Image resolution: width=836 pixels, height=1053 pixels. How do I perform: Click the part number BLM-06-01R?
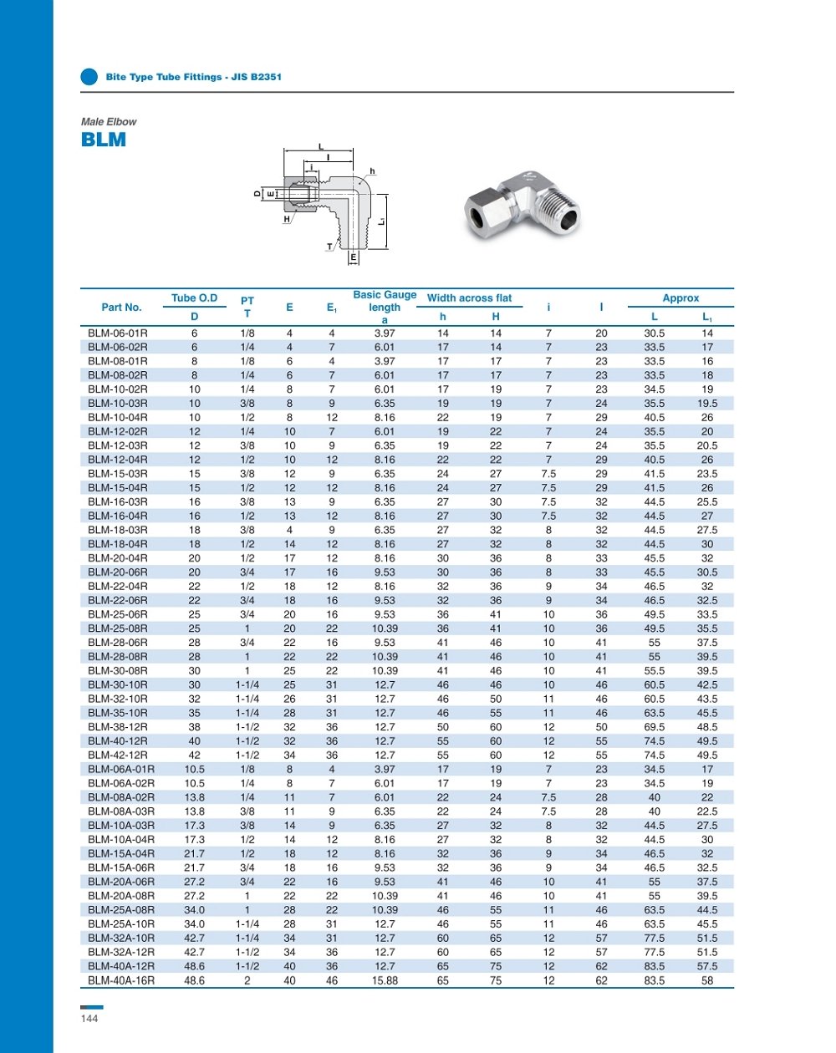pos(118,333)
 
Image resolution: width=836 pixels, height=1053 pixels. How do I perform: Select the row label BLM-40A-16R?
pos(121,980)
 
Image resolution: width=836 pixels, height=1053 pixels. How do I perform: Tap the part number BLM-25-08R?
pos(118,628)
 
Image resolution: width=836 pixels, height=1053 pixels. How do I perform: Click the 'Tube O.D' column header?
pos(194,298)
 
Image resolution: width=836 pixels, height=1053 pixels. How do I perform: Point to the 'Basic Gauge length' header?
pos(385,307)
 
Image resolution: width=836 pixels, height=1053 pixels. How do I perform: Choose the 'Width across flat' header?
pos(469,298)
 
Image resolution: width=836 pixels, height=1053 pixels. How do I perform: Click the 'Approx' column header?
pos(681,298)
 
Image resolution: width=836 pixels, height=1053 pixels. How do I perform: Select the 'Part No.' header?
pos(121,308)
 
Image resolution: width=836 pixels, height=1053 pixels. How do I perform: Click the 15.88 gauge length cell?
pos(385,980)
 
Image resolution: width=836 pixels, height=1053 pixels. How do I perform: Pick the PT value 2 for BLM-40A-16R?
pos(247,980)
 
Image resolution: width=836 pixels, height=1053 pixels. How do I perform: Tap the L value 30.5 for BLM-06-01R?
pos(655,333)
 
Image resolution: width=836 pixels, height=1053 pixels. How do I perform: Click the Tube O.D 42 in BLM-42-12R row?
pos(195,755)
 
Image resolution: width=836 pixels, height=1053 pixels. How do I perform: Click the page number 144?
pos(89,1019)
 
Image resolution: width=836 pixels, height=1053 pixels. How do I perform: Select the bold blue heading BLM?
pos(104,140)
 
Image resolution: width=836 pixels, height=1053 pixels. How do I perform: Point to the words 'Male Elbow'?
pos(109,122)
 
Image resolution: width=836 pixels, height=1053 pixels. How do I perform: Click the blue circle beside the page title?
pos(89,77)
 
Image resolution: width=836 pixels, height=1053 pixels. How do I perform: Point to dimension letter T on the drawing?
pos(329,247)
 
